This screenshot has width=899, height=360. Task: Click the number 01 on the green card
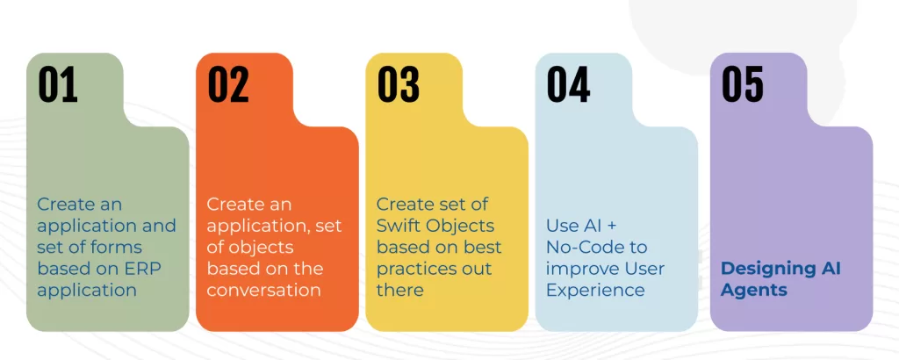coord(58,84)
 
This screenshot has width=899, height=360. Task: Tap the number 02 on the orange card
coord(228,84)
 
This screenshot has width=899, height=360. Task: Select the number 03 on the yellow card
coord(398,84)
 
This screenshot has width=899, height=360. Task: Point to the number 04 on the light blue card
coord(568,84)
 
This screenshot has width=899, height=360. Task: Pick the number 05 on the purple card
coord(743,84)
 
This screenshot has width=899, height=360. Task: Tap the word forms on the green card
coord(118,247)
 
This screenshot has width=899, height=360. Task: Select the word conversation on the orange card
coord(263,290)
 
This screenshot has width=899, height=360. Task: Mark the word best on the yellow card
coord(482,247)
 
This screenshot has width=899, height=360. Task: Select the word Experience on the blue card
coord(595,291)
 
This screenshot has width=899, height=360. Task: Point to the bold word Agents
coord(754,291)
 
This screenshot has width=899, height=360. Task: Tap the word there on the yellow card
coord(399,290)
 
